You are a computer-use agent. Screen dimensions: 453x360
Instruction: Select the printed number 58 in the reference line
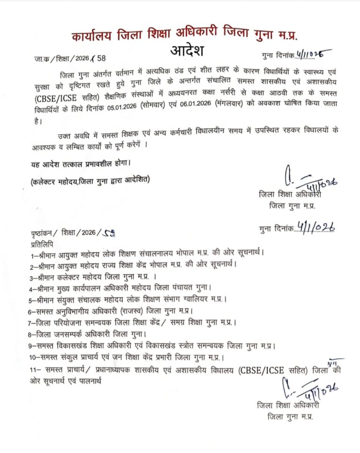[x=102, y=59]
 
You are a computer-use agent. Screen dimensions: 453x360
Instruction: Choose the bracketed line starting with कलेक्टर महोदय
[x=91, y=181]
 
